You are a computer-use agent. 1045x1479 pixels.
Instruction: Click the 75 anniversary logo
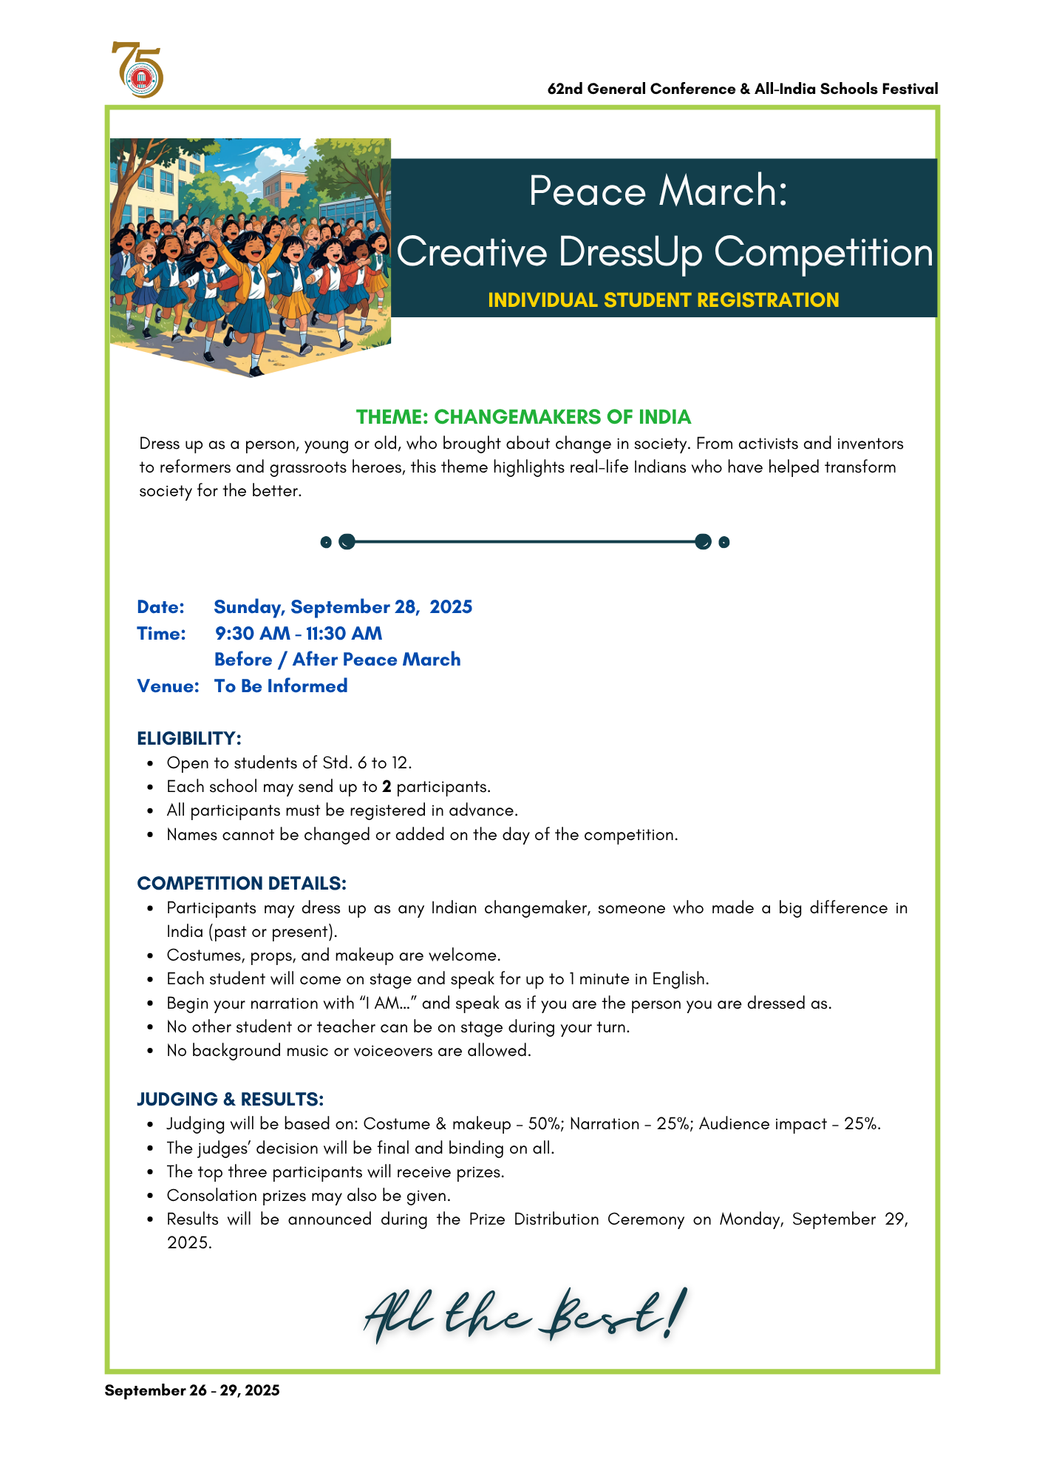[x=137, y=70]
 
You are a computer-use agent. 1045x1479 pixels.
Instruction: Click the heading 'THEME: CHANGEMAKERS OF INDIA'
[x=523, y=417]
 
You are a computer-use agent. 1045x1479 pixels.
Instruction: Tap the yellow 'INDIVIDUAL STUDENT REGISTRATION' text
[x=663, y=300]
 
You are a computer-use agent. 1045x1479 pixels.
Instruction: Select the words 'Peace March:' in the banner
[x=658, y=191]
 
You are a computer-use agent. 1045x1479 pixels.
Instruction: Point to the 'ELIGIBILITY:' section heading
[x=189, y=739]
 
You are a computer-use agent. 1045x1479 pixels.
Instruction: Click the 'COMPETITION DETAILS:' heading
[x=242, y=884]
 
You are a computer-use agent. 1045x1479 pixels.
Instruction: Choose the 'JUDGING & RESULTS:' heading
[x=230, y=1100]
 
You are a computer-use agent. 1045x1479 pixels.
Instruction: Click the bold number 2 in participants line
[x=387, y=787]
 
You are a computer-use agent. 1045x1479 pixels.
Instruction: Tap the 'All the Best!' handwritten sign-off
[x=525, y=1316]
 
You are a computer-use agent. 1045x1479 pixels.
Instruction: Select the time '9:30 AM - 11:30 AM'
[x=299, y=634]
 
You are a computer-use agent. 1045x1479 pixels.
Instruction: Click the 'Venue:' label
[x=168, y=686]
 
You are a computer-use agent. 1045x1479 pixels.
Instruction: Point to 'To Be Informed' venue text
[x=281, y=686]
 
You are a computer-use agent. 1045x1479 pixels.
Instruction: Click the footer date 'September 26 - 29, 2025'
[x=192, y=1390]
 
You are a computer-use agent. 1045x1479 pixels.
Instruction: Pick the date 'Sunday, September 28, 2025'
[x=343, y=607]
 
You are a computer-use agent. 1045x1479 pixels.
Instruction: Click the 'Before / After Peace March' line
[x=337, y=660]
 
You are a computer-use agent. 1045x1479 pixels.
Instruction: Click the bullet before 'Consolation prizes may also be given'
[x=150, y=1196]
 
